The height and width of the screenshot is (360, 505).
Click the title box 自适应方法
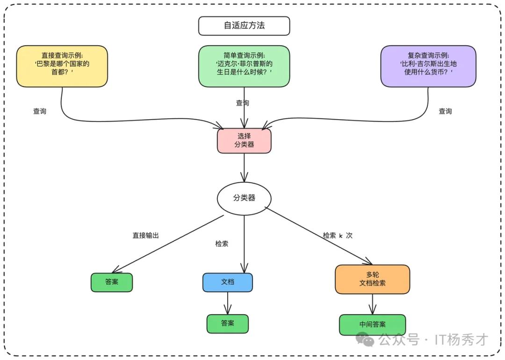(244, 26)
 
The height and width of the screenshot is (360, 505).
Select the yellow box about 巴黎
(62, 66)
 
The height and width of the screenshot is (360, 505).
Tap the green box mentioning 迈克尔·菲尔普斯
(244, 66)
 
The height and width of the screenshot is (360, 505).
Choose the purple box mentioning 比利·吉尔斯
(428, 66)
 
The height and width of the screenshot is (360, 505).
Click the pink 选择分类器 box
(244, 141)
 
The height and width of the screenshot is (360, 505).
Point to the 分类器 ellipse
(244, 198)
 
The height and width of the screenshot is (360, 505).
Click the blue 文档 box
(227, 282)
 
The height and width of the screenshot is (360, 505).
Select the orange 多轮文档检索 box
(372, 279)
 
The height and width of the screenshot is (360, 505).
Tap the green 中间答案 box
(372, 324)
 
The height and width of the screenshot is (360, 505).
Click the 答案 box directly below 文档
(227, 324)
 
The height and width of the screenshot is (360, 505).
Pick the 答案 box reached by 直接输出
(112, 282)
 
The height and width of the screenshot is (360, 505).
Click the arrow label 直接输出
(145, 236)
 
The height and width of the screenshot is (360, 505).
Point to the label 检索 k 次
(337, 236)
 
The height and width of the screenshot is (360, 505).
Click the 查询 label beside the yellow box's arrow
(40, 111)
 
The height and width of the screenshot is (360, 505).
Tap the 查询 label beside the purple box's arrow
(445, 111)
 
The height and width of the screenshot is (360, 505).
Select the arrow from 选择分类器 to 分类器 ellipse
(244, 167)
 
